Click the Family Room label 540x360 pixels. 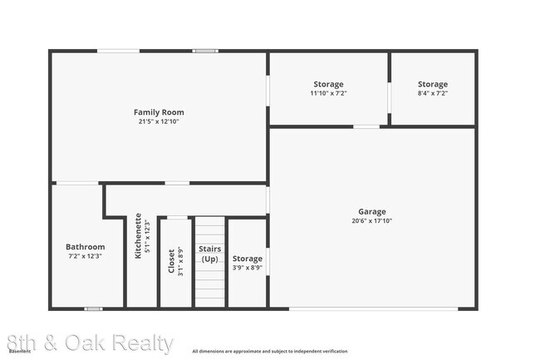[x=159, y=112]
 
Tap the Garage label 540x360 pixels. [x=372, y=212]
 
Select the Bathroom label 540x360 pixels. [x=86, y=247]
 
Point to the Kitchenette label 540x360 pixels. [x=139, y=235]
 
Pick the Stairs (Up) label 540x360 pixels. [x=209, y=254]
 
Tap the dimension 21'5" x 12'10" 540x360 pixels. [x=159, y=121]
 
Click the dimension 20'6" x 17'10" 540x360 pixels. [x=372, y=221]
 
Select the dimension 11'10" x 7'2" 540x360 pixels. [x=328, y=93]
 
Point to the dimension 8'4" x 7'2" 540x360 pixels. [x=433, y=93]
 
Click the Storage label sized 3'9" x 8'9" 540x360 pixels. [x=248, y=259]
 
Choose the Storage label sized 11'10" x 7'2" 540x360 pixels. [x=328, y=84]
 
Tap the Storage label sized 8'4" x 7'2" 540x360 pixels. [x=433, y=84]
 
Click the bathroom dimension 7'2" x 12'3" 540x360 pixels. [x=86, y=256]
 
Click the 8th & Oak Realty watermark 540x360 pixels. [x=90, y=343]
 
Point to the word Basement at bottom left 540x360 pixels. [x=20, y=352]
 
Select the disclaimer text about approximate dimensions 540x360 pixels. [x=270, y=352]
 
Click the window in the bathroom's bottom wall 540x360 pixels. [x=94, y=309]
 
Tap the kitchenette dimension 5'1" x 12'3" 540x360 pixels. [x=148, y=235]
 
